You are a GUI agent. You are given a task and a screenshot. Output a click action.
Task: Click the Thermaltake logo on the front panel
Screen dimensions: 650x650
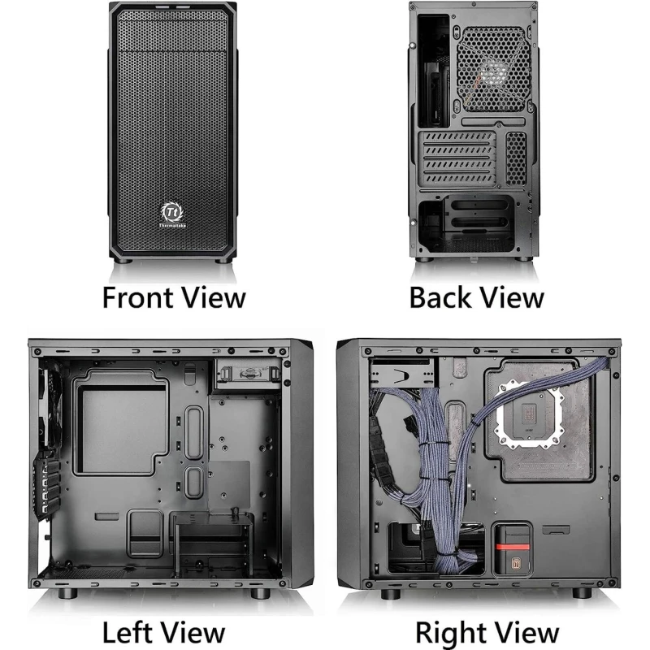(172, 214)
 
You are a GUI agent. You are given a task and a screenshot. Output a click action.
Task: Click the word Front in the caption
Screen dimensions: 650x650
(138, 298)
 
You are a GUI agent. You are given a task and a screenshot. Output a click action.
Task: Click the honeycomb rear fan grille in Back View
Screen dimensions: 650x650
(494, 69)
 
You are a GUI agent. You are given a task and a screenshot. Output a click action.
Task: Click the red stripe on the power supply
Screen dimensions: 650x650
(513, 546)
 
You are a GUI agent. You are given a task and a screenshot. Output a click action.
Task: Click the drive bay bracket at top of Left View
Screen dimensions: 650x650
(248, 375)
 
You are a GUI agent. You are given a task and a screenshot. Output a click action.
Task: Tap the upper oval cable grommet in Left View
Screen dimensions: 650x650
(194, 432)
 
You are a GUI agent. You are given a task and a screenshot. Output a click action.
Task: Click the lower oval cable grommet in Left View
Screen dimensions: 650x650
(193, 482)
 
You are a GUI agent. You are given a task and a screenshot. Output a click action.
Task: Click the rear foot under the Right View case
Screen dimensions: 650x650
(582, 593)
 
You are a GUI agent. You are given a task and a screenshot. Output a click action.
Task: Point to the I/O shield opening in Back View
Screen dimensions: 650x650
(434, 71)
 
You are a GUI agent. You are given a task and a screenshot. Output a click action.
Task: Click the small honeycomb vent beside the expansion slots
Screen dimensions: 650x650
(516, 158)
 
